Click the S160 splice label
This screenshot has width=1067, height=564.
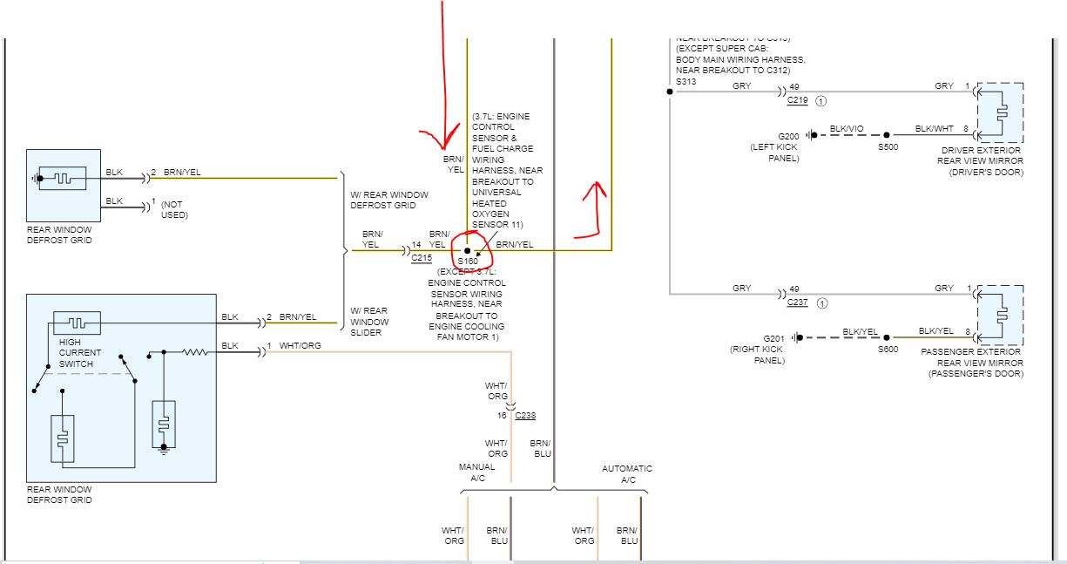coord(468,262)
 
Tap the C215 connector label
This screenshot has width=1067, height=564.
coord(421,259)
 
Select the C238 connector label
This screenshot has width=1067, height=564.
coord(525,416)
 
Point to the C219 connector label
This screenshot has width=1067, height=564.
coord(797,100)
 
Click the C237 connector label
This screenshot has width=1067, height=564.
coord(797,302)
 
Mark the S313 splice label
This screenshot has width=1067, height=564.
coord(685,82)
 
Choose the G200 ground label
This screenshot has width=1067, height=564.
coord(788,136)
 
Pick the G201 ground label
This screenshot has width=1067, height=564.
coord(774,338)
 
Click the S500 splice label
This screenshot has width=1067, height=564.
coord(888,146)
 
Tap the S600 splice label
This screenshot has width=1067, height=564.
coord(888,349)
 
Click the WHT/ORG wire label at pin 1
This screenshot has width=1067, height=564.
coord(300,346)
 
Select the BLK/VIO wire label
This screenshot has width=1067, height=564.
coord(847,129)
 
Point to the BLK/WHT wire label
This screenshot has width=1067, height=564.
coord(933,129)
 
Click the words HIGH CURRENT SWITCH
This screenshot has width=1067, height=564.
coord(79,352)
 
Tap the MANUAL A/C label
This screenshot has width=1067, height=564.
coord(476,472)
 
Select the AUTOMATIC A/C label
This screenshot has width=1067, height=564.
coord(626,474)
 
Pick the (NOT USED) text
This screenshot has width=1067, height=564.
coord(174,209)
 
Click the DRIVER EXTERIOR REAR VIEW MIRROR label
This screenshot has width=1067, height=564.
coord(980,160)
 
